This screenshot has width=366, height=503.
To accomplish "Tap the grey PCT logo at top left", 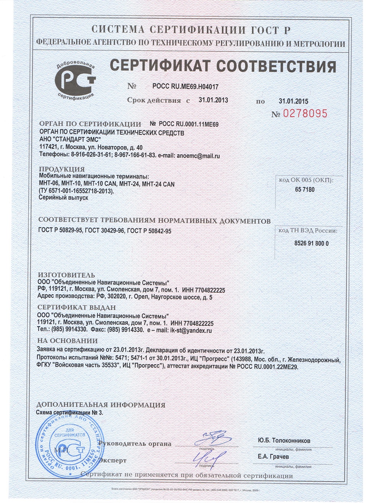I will click(x=75, y=80).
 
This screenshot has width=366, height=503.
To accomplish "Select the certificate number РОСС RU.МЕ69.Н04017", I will click(x=185, y=87).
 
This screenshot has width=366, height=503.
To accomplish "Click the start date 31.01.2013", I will click(x=213, y=100).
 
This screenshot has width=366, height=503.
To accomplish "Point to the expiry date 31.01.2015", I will click(x=293, y=101).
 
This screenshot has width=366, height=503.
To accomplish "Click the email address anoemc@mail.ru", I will click(x=198, y=156).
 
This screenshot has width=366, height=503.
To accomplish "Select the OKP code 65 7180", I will click(x=305, y=189).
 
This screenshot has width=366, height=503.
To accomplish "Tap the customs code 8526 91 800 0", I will click(x=311, y=243).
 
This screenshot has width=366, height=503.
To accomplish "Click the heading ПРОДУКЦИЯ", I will click(x=62, y=169).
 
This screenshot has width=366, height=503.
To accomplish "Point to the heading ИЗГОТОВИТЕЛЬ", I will click(x=66, y=275).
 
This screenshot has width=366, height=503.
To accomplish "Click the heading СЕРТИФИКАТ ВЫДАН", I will click(x=76, y=308).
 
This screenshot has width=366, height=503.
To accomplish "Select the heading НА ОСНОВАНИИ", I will click(x=67, y=341).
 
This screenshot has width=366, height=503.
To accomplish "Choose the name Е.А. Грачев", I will click(x=273, y=457).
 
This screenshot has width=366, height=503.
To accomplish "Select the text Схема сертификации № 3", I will click(x=69, y=413).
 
